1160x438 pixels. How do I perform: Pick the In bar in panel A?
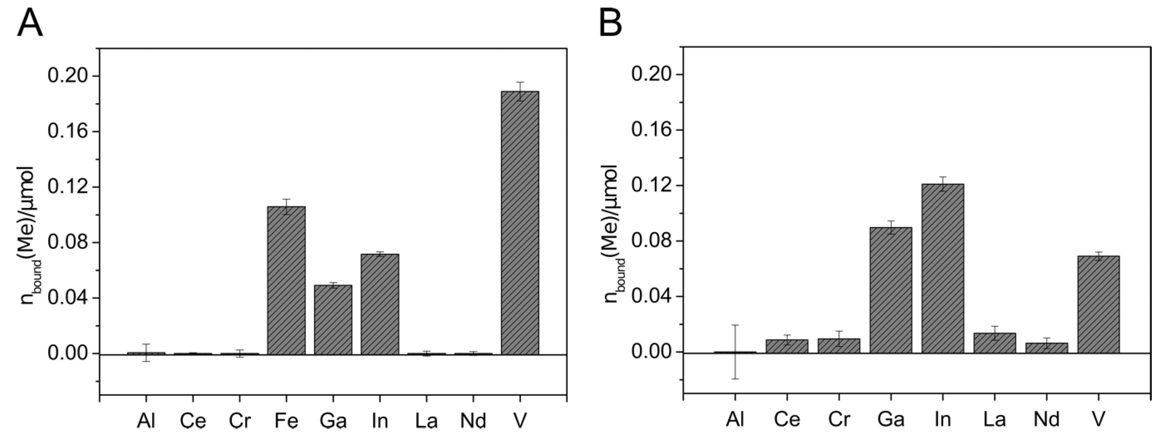coord(380,304)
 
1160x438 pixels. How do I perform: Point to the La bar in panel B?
coord(995,343)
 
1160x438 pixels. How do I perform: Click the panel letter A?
coord(30,23)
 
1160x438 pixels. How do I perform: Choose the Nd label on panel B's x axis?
coord(1047,419)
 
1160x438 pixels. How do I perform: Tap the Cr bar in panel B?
coord(839,346)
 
